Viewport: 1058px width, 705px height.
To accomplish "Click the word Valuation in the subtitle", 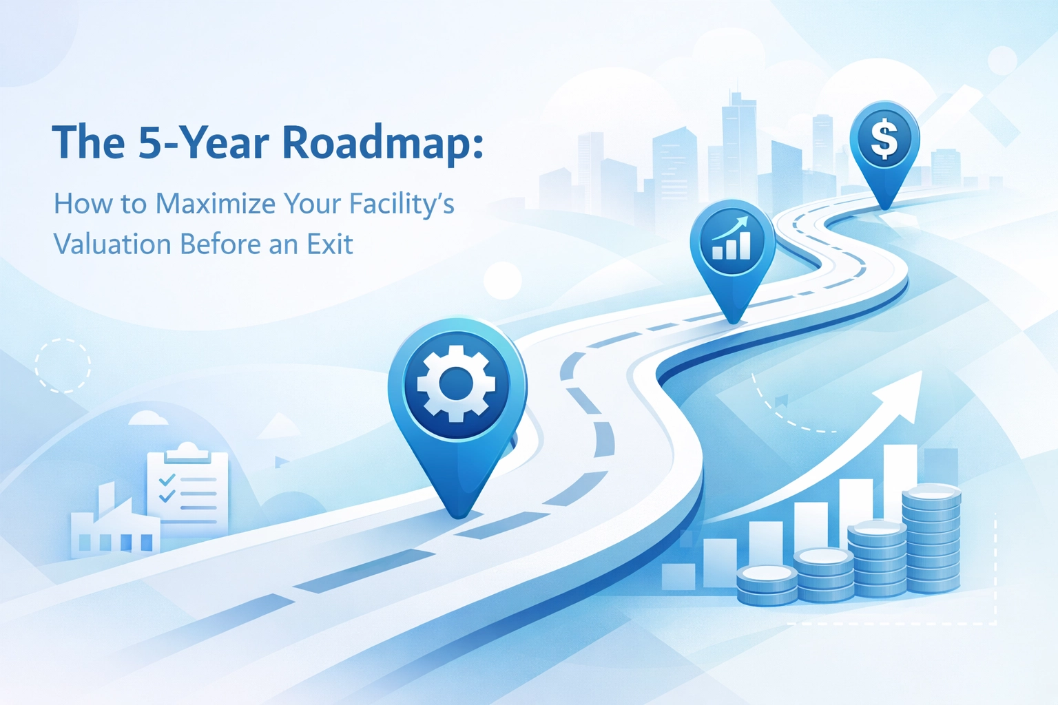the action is (112, 244).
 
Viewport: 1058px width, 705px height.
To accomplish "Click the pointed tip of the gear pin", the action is (457, 516).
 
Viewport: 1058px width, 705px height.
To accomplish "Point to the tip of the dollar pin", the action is (885, 207).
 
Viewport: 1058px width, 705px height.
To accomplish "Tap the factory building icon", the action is (115, 522).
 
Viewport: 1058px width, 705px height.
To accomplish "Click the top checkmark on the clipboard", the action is (167, 479).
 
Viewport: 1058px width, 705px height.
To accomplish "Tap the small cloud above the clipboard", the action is (148, 419).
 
